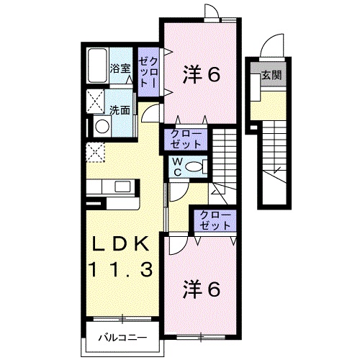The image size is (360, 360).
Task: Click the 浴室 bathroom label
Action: tap(120, 68)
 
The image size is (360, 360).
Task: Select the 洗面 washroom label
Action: tap(120, 110)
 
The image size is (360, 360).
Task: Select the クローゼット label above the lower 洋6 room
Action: tap(214, 220)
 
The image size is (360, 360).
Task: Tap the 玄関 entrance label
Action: tap(271, 75)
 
